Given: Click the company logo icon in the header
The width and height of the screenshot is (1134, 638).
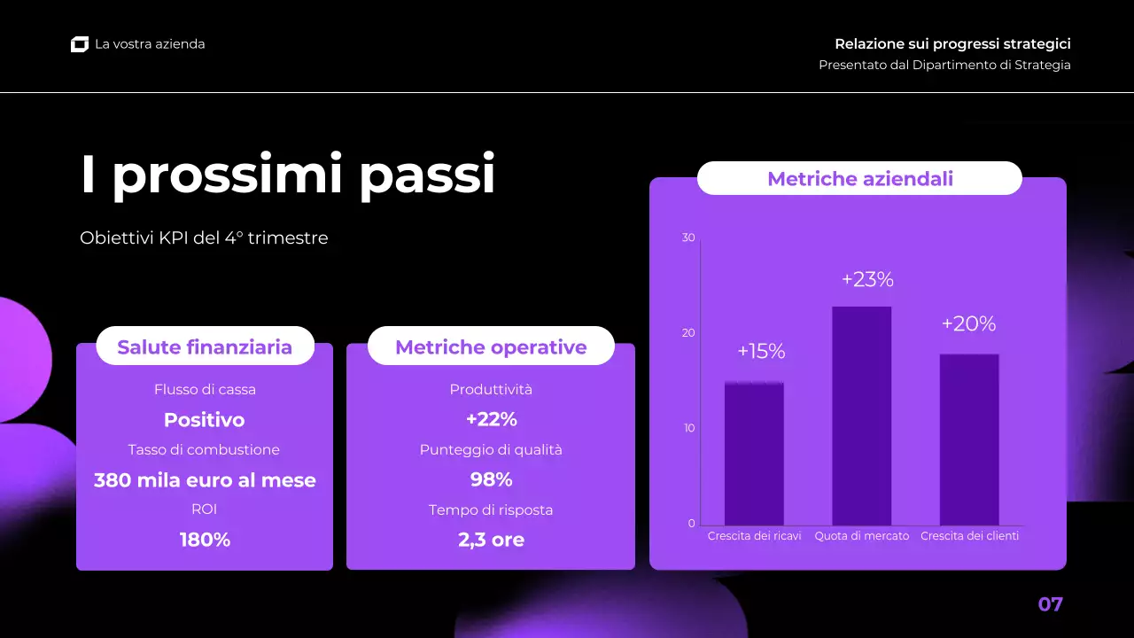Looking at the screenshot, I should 80,44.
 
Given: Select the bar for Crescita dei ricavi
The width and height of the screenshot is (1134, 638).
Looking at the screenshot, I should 754,454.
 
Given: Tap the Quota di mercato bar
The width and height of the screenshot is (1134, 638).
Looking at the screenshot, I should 861,416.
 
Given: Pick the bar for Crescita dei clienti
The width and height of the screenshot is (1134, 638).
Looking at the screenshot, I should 969,440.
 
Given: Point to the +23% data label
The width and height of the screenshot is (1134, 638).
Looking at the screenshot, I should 867,280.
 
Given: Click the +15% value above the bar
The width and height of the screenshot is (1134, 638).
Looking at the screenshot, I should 761,352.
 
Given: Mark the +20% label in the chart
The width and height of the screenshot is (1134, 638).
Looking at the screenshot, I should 968,324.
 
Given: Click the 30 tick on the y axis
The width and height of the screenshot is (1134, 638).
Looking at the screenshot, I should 688,237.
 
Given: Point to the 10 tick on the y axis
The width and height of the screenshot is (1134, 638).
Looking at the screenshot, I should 688,428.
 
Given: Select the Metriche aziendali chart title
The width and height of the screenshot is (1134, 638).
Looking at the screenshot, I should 859,179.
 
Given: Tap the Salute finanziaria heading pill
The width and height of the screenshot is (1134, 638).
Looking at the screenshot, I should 205,346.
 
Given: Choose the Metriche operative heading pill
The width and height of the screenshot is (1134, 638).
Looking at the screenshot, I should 491,346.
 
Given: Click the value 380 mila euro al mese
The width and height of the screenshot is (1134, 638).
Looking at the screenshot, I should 205,480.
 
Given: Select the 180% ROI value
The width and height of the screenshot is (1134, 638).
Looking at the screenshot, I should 205,540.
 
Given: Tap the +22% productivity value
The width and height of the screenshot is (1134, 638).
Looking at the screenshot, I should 491,419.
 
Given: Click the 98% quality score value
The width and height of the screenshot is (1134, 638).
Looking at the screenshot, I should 491,479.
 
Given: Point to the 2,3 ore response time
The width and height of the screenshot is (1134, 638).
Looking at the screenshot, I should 491,540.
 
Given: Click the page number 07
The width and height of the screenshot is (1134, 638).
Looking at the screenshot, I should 1050,604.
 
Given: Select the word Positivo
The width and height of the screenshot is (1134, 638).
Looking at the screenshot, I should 205,420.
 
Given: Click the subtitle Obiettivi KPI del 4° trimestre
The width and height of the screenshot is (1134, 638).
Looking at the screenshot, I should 204,238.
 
